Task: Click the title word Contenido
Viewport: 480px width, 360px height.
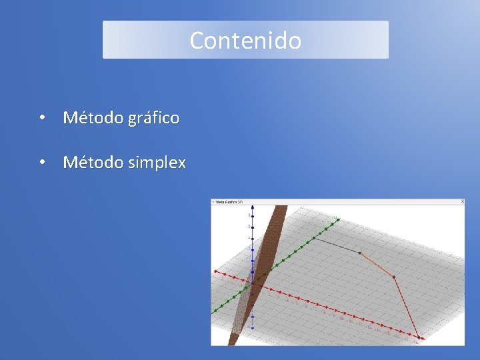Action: [x=245, y=41]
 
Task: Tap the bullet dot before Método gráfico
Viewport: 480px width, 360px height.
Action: [x=42, y=118]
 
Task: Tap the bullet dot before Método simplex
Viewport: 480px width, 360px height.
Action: [x=42, y=162]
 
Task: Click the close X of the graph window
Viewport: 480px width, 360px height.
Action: [x=462, y=201]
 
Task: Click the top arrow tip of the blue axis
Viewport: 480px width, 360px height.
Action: [x=253, y=207]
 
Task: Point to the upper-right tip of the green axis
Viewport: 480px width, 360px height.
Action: [x=339, y=219]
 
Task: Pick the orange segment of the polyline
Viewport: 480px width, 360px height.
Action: [x=377, y=264]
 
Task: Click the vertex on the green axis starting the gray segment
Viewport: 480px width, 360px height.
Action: [x=314, y=238]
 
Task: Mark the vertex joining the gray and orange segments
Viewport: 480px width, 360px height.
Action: [x=359, y=253]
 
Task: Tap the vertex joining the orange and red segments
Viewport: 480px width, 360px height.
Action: [x=393, y=277]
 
